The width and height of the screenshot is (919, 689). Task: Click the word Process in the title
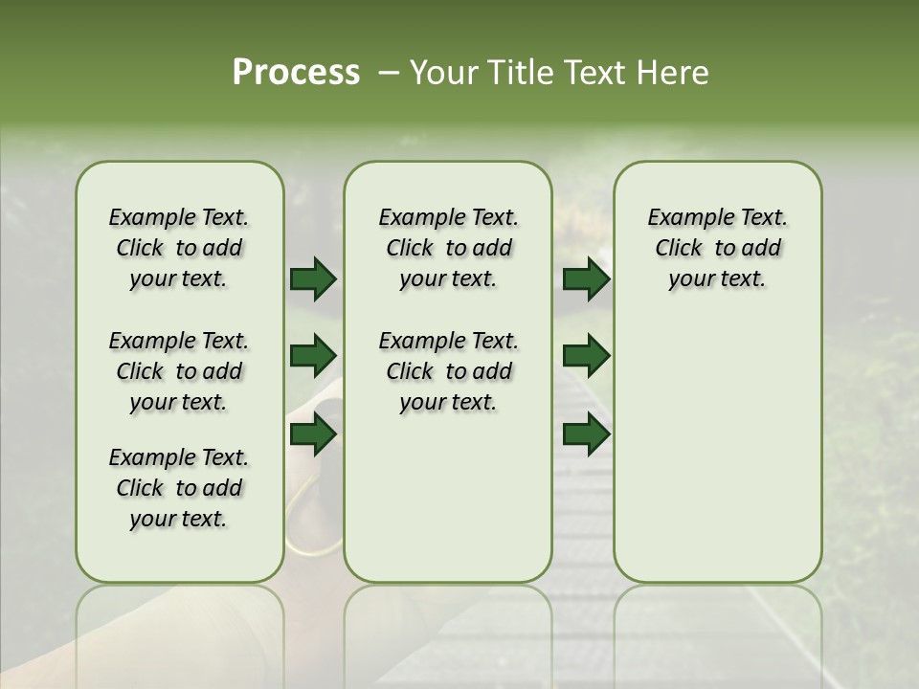296,73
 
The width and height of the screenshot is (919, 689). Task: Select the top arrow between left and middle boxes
313,279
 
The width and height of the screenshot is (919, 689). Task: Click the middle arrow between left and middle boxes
313,357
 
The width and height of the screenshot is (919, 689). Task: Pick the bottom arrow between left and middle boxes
313,434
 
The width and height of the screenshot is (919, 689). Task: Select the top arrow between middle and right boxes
587,279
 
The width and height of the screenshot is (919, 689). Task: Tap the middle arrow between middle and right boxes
587,357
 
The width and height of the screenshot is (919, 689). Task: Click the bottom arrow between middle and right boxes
587,434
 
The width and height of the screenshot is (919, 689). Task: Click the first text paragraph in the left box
179,248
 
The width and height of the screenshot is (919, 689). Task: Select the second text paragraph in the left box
179,371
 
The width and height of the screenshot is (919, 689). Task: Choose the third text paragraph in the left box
179,488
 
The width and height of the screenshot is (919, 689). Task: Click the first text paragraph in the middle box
448,248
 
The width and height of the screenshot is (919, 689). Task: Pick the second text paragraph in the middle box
448,371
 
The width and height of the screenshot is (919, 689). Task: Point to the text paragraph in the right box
717,248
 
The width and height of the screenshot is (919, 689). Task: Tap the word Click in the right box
679,249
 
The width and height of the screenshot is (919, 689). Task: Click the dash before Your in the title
389,73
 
